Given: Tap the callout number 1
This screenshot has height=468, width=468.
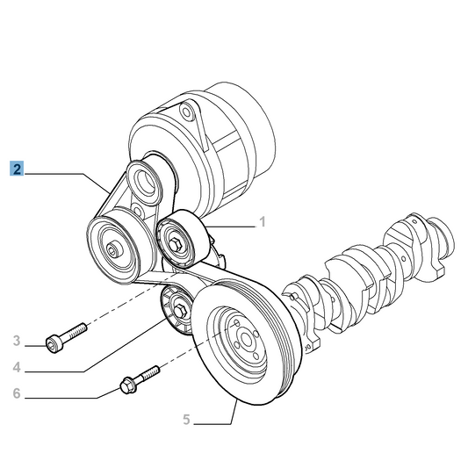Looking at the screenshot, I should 261,223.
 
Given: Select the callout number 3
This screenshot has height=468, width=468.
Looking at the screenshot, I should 17,341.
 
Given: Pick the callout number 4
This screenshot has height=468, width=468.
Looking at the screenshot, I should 17,366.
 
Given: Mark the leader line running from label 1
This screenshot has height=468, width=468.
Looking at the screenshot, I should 233,227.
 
